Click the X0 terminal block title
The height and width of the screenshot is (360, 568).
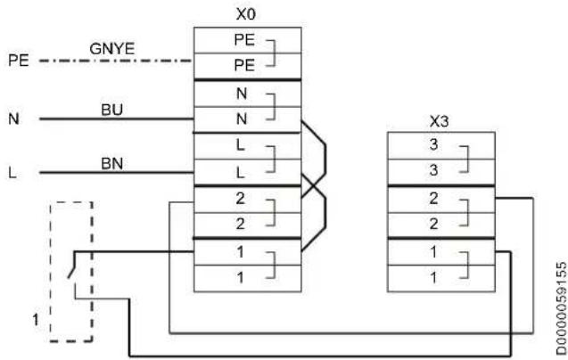click(x=246, y=14)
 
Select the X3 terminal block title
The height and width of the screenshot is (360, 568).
click(x=439, y=121)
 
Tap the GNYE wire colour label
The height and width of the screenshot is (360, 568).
click(x=112, y=48)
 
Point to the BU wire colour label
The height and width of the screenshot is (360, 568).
click(x=112, y=110)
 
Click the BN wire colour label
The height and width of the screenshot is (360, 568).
click(x=112, y=164)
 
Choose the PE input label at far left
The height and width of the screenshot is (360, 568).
click(x=19, y=61)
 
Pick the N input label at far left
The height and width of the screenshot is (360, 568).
click(x=13, y=119)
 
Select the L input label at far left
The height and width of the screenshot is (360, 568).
click(x=12, y=173)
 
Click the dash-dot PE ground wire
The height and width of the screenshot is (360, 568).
click(x=116, y=61)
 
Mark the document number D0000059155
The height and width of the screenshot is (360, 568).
click(x=561, y=308)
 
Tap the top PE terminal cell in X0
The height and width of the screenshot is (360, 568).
click(x=247, y=40)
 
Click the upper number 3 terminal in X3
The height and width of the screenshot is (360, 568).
click(x=441, y=145)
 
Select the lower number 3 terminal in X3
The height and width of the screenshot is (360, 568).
click(x=441, y=172)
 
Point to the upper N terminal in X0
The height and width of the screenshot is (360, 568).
click(x=247, y=94)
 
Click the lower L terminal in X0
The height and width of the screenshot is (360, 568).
click(x=247, y=173)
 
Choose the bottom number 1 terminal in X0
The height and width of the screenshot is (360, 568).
click(x=247, y=278)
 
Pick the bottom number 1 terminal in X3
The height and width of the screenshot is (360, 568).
click(x=441, y=278)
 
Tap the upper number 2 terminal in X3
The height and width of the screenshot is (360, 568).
click(x=441, y=200)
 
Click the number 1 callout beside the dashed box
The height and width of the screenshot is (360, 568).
click(x=35, y=320)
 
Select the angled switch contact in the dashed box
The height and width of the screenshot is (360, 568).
click(x=71, y=266)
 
